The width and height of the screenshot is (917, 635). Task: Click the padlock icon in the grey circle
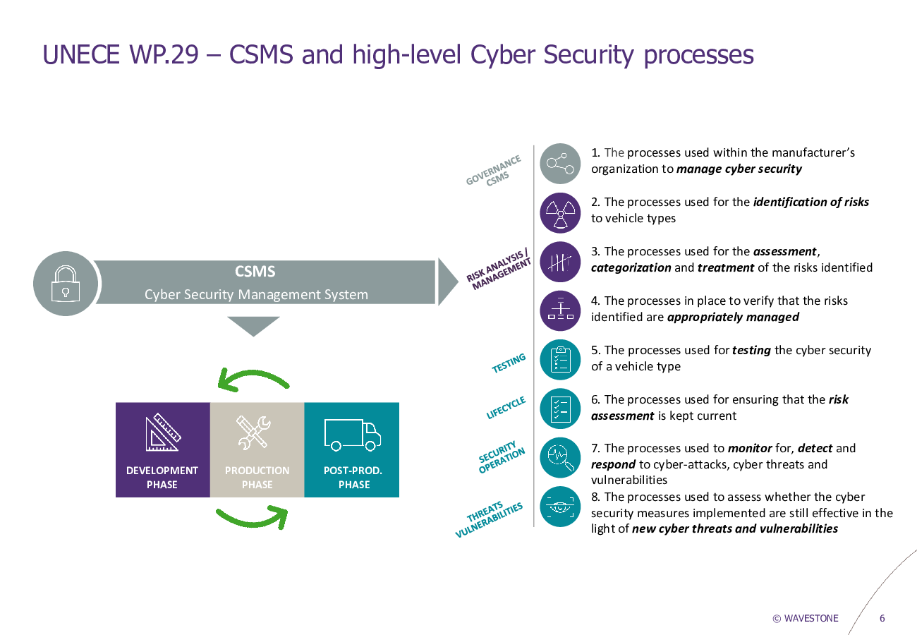(65, 284)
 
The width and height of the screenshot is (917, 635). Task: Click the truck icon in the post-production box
(353, 435)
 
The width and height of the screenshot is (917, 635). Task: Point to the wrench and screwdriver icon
(253, 433)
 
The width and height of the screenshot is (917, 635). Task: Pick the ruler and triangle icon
(163, 433)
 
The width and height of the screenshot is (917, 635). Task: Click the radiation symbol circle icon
(560, 213)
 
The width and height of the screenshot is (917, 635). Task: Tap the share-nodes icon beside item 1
(560, 164)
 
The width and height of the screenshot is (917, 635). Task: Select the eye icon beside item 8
(560, 507)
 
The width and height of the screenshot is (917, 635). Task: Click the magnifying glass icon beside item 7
(560, 457)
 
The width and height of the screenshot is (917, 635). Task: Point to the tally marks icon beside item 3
(560, 262)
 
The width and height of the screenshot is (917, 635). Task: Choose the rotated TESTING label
(509, 363)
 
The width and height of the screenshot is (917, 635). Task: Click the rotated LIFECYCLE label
(506, 407)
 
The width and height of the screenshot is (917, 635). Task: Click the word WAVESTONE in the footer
(811, 618)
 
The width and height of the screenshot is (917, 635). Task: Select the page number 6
(882, 618)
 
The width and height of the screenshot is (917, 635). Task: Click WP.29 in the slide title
(164, 54)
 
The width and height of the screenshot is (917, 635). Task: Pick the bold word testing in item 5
(751, 350)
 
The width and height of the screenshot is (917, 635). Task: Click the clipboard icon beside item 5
(560, 360)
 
